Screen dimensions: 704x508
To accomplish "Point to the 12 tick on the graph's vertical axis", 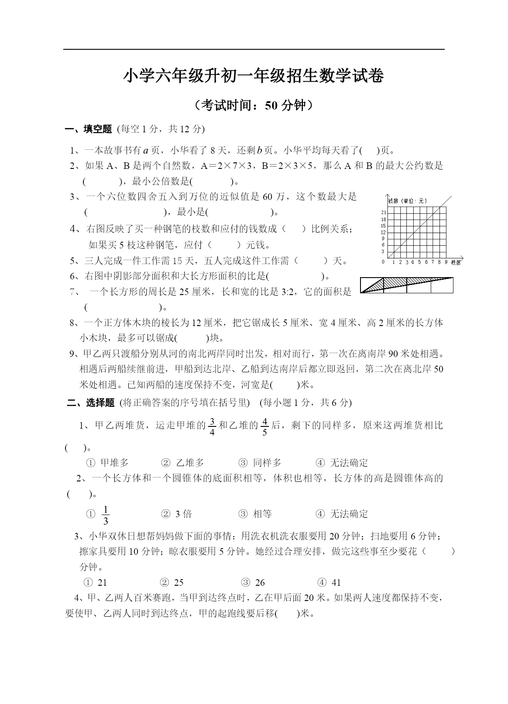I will click(383, 232).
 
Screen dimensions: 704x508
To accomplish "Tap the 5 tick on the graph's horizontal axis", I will click(420, 262).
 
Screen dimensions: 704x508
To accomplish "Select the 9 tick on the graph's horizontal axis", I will click(446, 262).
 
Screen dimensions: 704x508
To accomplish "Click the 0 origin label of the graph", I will click(383, 262).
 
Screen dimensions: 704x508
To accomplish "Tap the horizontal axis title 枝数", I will click(455, 262).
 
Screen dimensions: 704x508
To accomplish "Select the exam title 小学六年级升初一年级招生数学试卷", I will click(254, 76).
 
